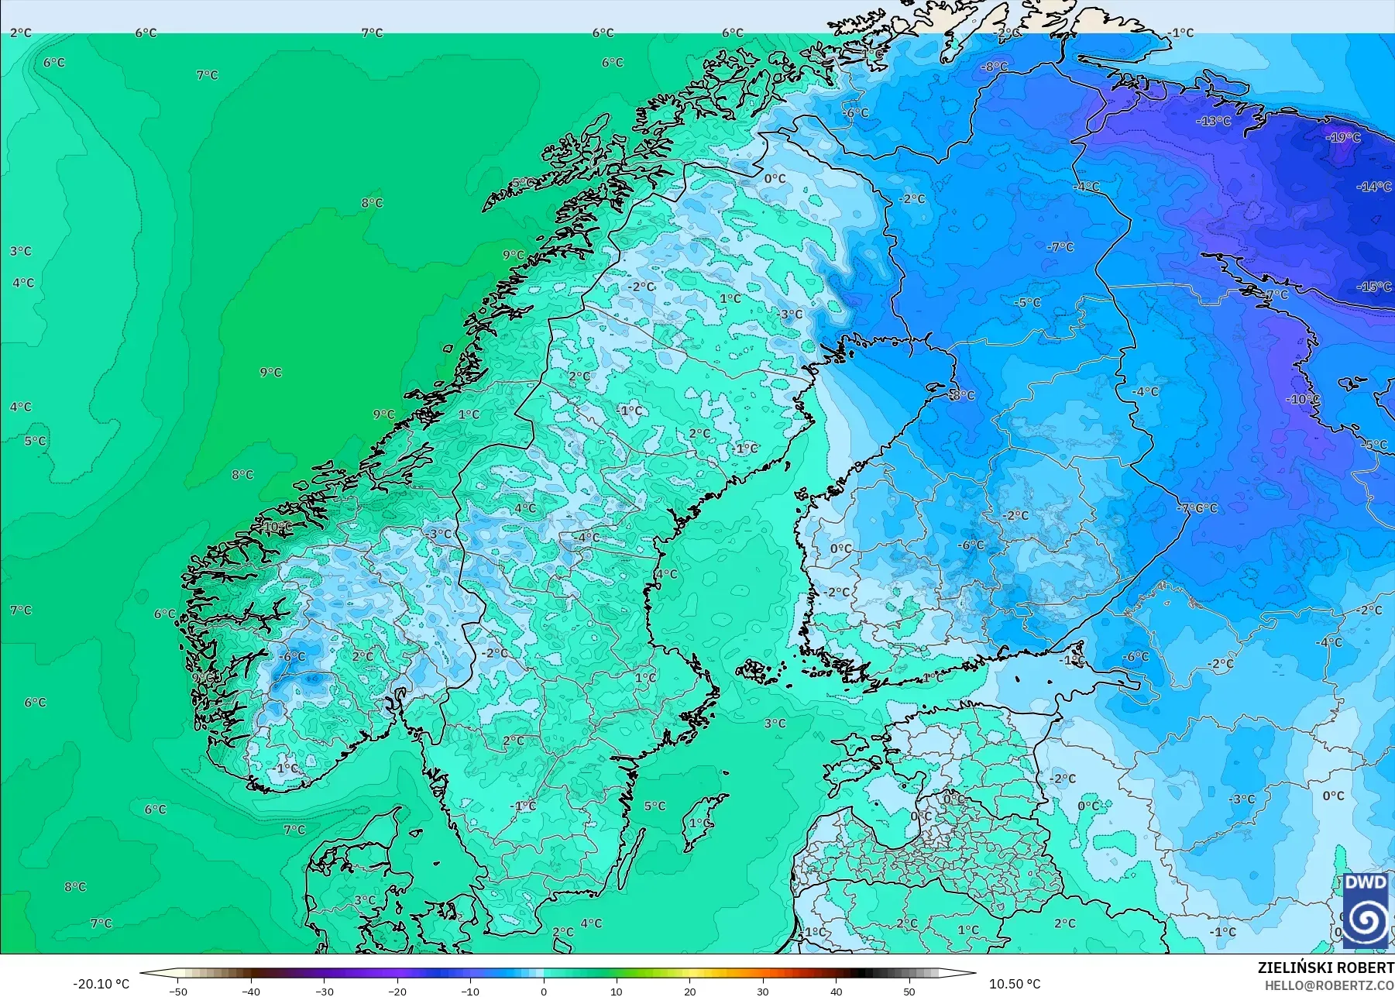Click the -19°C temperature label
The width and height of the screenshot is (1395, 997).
1343,138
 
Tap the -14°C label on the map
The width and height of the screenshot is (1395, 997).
1374,187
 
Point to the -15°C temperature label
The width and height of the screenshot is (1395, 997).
1374,287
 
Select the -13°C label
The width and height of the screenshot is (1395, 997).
1213,122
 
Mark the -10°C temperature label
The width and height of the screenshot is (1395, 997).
1303,400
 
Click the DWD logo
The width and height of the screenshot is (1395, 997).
1366,911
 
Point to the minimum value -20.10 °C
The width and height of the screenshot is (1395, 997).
101,984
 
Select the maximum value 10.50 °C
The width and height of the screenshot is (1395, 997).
1015,984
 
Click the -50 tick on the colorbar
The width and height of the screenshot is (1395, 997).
178,992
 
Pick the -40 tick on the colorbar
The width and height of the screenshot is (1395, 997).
251,992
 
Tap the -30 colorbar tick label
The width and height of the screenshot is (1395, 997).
325,992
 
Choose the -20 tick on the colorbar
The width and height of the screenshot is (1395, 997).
397,992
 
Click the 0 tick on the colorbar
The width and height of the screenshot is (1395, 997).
544,992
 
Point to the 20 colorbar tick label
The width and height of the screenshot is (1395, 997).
690,992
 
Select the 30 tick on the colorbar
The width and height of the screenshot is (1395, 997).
763,992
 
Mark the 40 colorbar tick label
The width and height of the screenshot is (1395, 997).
836,992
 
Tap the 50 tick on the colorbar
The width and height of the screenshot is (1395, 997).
909,992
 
